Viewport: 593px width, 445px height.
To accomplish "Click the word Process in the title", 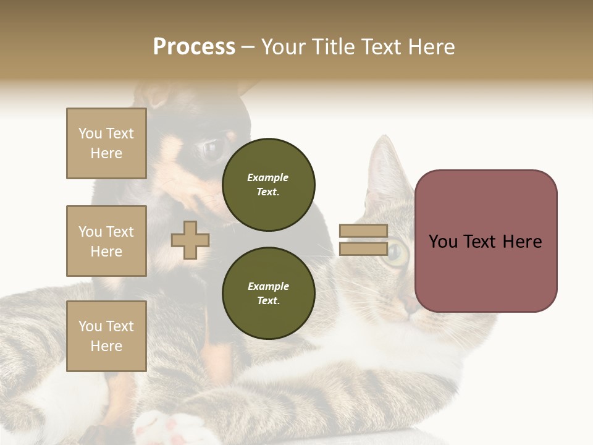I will pyautogui.click(x=194, y=47).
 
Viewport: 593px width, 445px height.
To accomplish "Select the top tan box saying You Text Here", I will pyautogui.click(x=106, y=143).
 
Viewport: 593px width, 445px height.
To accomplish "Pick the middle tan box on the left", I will pyautogui.click(x=106, y=241).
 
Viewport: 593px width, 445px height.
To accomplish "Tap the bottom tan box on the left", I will pyautogui.click(x=106, y=336).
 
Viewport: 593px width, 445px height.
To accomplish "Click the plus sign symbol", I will pyautogui.click(x=190, y=240).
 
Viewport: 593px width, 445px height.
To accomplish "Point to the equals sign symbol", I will pyautogui.click(x=363, y=240).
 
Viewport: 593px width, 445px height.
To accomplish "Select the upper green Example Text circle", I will pyautogui.click(x=268, y=185).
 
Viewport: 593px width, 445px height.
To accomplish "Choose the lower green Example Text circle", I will pyautogui.click(x=268, y=294).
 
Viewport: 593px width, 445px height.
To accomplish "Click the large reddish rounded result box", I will pyautogui.click(x=486, y=241).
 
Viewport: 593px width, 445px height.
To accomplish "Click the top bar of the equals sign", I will pyautogui.click(x=363, y=231).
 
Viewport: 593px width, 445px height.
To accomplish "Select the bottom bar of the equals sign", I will pyautogui.click(x=363, y=249).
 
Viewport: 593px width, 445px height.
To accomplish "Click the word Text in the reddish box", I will pyautogui.click(x=486, y=242).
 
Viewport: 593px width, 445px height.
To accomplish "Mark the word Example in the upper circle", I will pyautogui.click(x=268, y=177).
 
